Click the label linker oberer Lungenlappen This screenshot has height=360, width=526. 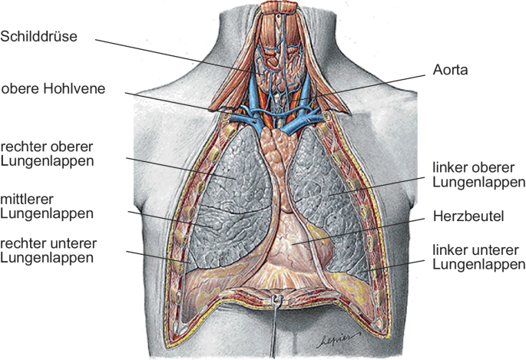coord(478,176)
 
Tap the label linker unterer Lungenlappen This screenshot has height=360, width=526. coord(478,257)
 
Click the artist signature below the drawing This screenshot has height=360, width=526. coord(332,339)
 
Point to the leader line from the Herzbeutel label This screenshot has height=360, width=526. coord(361,231)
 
